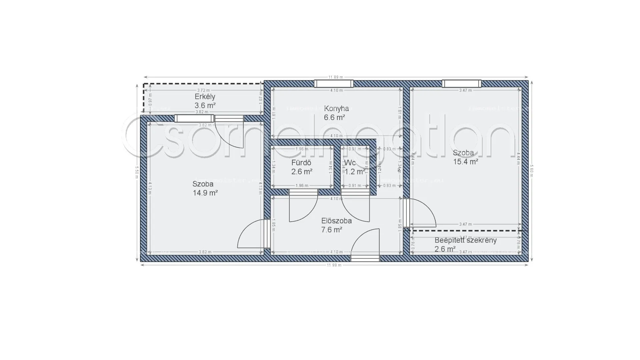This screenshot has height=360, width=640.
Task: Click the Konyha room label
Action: coord(336,108)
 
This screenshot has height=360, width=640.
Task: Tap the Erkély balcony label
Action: coord(205,97)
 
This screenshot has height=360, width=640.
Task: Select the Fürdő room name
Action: coord(301,163)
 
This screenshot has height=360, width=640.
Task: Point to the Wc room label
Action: coord(350,163)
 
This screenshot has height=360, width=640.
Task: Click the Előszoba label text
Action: coord(336,221)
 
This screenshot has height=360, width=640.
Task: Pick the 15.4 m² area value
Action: coord(466,162)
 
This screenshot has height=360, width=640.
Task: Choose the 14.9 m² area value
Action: coord(205,193)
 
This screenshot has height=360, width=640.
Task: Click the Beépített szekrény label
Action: coord(465,240)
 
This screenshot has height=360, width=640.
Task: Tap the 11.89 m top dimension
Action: coord(336,77)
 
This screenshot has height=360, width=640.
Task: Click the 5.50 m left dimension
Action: coord(137,172)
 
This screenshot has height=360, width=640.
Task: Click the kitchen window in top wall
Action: coord(334,83)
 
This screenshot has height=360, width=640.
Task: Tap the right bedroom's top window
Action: coord(462,83)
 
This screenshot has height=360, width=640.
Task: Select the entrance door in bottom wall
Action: coord(365,258)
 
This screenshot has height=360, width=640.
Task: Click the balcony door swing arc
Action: coord(230,133)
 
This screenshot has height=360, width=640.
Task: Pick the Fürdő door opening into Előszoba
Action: coord(303,207)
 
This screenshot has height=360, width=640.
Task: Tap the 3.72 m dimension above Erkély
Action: coord(203,90)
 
